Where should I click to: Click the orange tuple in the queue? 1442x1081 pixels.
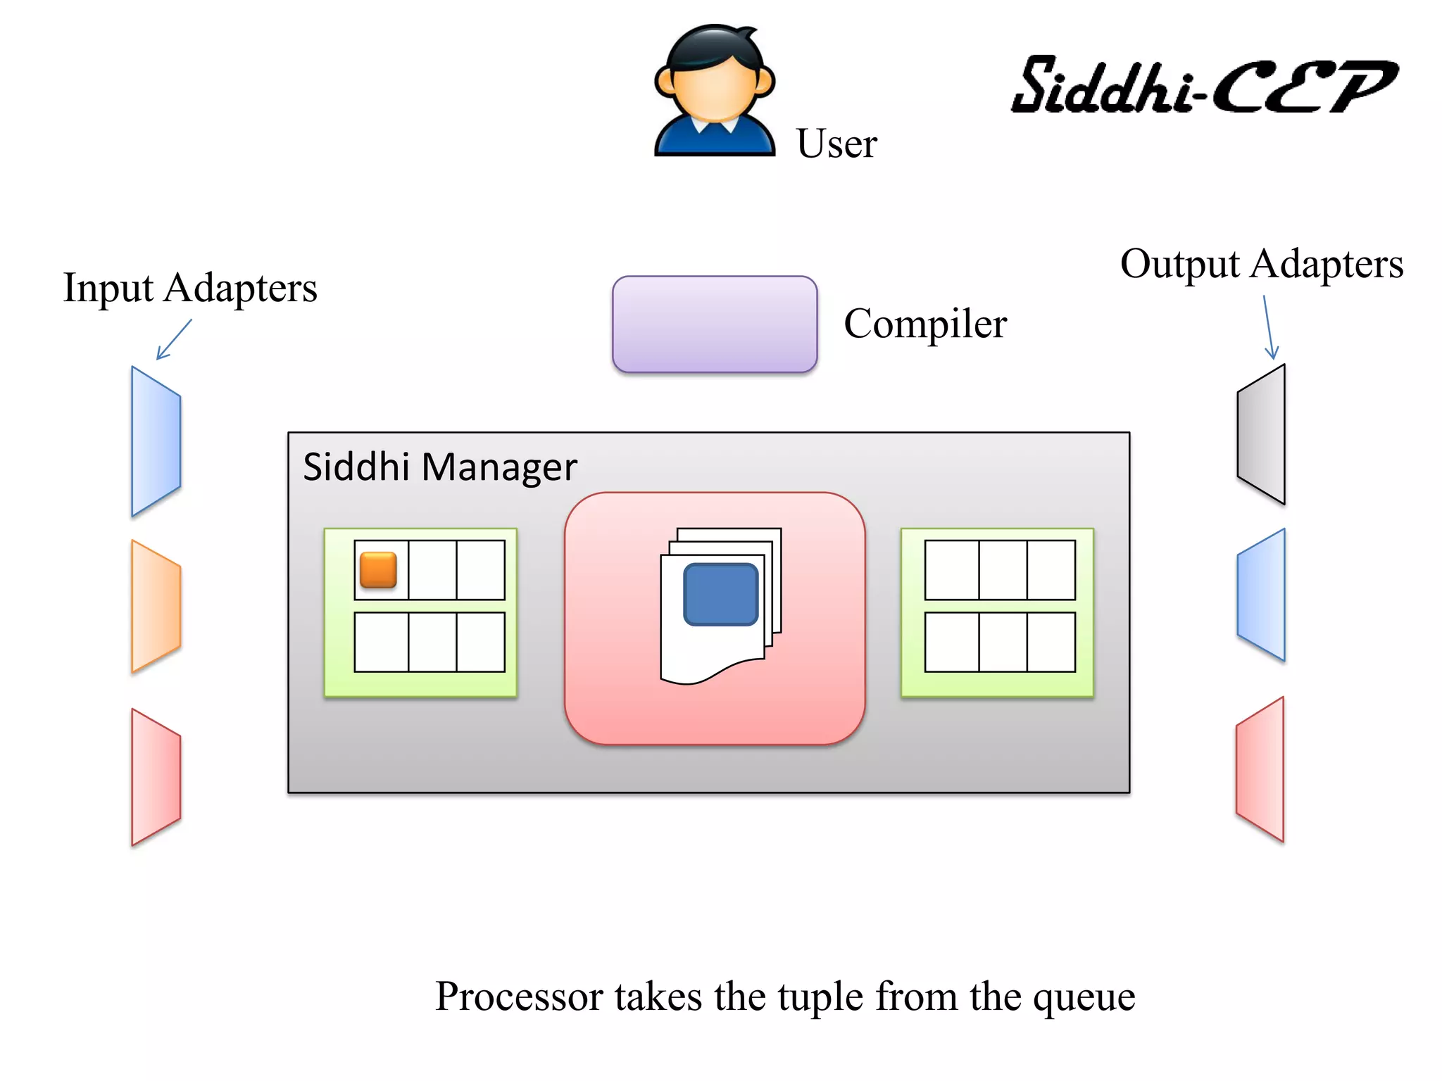(x=378, y=569)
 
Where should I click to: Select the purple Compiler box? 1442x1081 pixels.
(x=715, y=324)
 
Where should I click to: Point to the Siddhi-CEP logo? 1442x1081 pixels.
(x=1204, y=86)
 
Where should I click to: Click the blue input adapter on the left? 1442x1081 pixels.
(x=156, y=441)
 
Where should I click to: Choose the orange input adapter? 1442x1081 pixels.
(x=156, y=606)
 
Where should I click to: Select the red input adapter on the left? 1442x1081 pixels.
(x=156, y=777)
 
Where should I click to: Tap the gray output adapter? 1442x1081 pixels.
(x=1262, y=434)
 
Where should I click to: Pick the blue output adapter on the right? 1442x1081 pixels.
(x=1262, y=595)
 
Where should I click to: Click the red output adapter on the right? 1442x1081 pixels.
(x=1260, y=769)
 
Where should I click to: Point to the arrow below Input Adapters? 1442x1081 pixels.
(x=174, y=339)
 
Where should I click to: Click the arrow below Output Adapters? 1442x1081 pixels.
(x=1269, y=327)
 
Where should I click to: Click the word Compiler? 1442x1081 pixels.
(x=925, y=324)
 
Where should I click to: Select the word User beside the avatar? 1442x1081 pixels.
(x=836, y=144)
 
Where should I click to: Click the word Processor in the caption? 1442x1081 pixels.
(x=519, y=997)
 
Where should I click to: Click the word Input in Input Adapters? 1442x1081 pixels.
(x=108, y=289)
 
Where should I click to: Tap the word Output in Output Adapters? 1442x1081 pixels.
(x=1179, y=265)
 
